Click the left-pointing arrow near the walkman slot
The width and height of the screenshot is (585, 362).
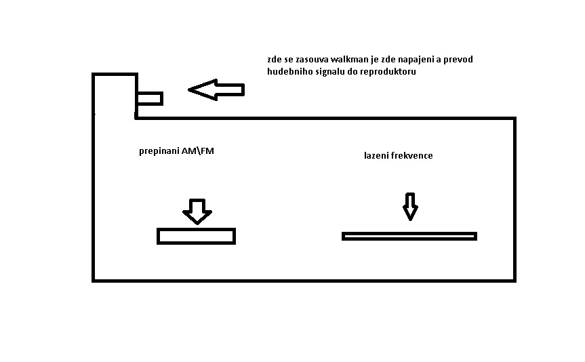216,89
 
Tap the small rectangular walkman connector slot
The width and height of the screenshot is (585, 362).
150,98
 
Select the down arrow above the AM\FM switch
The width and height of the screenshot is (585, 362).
197,212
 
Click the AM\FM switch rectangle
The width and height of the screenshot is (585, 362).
197,236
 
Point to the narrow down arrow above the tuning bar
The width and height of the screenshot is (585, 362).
410,206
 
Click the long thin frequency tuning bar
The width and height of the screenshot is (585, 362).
409,236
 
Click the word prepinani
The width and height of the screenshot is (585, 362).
159,151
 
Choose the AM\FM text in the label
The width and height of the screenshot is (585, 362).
198,150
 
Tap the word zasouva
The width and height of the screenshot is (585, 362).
312,60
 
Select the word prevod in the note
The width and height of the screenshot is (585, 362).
458,60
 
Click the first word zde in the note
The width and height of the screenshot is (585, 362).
275,60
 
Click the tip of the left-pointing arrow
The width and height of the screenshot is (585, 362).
188,89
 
